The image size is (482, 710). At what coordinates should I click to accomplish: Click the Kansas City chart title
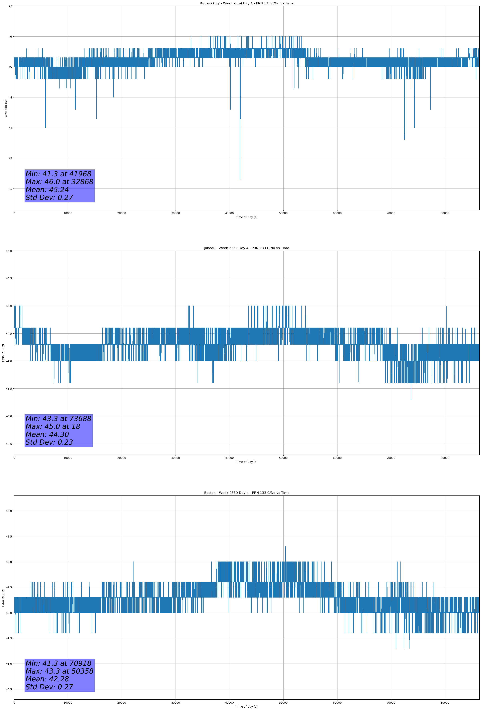tap(246, 3)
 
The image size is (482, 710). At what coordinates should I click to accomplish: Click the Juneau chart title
tap(246, 248)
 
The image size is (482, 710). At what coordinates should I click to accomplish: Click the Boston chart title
tap(246, 493)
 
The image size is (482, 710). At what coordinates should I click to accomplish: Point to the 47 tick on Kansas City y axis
tap(10, 6)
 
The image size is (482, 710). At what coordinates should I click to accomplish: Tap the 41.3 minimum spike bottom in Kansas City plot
tap(240, 179)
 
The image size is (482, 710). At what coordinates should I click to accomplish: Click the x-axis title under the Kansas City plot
tap(246, 217)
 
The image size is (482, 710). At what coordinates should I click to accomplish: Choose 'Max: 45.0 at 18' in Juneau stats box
tap(53, 426)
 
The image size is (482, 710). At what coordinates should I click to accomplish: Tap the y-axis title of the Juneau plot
tap(3, 353)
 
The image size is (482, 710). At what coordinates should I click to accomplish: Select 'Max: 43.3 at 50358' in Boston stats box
tap(59, 671)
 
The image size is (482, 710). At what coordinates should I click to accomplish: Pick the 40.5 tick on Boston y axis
tap(9, 689)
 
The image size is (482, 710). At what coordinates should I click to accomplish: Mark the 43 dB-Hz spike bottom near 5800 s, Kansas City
tap(46, 127)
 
